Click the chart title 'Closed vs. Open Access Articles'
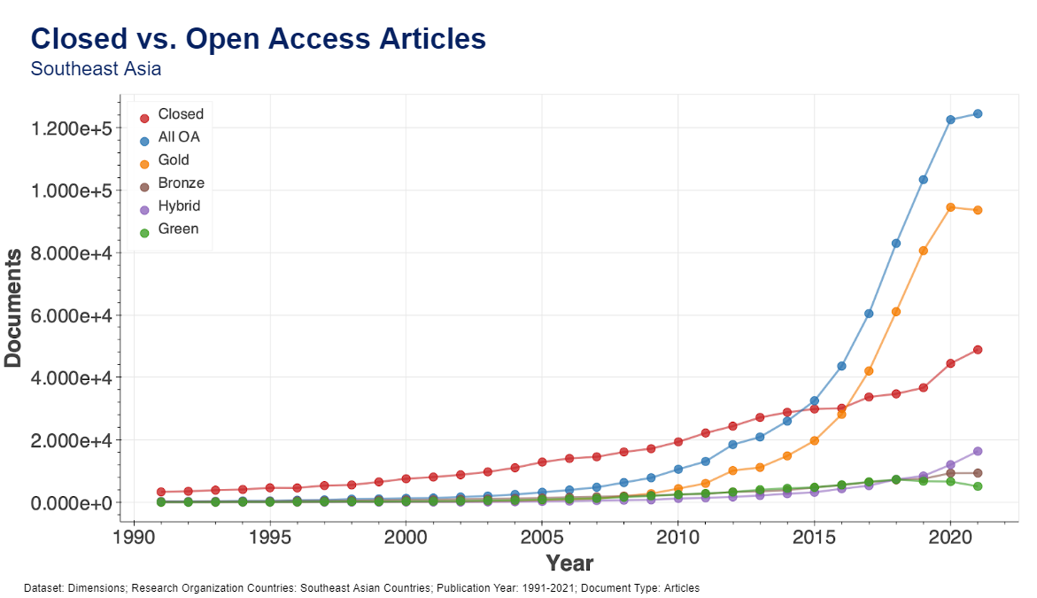pyautogui.click(x=258, y=38)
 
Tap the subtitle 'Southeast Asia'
pyautogui.click(x=96, y=68)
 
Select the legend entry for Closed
pyautogui.click(x=180, y=114)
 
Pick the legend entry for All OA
pyautogui.click(x=178, y=137)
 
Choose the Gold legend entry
pyautogui.click(x=173, y=160)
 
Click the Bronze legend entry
pyautogui.click(x=181, y=183)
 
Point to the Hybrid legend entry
pyautogui.click(x=179, y=206)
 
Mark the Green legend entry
pyautogui.click(x=178, y=229)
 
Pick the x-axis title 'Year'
pyautogui.click(x=569, y=563)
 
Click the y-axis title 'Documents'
pyautogui.click(x=13, y=307)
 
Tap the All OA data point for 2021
pyautogui.click(x=978, y=113)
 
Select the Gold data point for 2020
pyautogui.click(x=950, y=207)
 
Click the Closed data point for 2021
pyautogui.click(x=978, y=350)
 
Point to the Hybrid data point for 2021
pyautogui.click(x=978, y=451)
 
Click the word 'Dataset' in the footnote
pyautogui.click(x=43, y=588)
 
